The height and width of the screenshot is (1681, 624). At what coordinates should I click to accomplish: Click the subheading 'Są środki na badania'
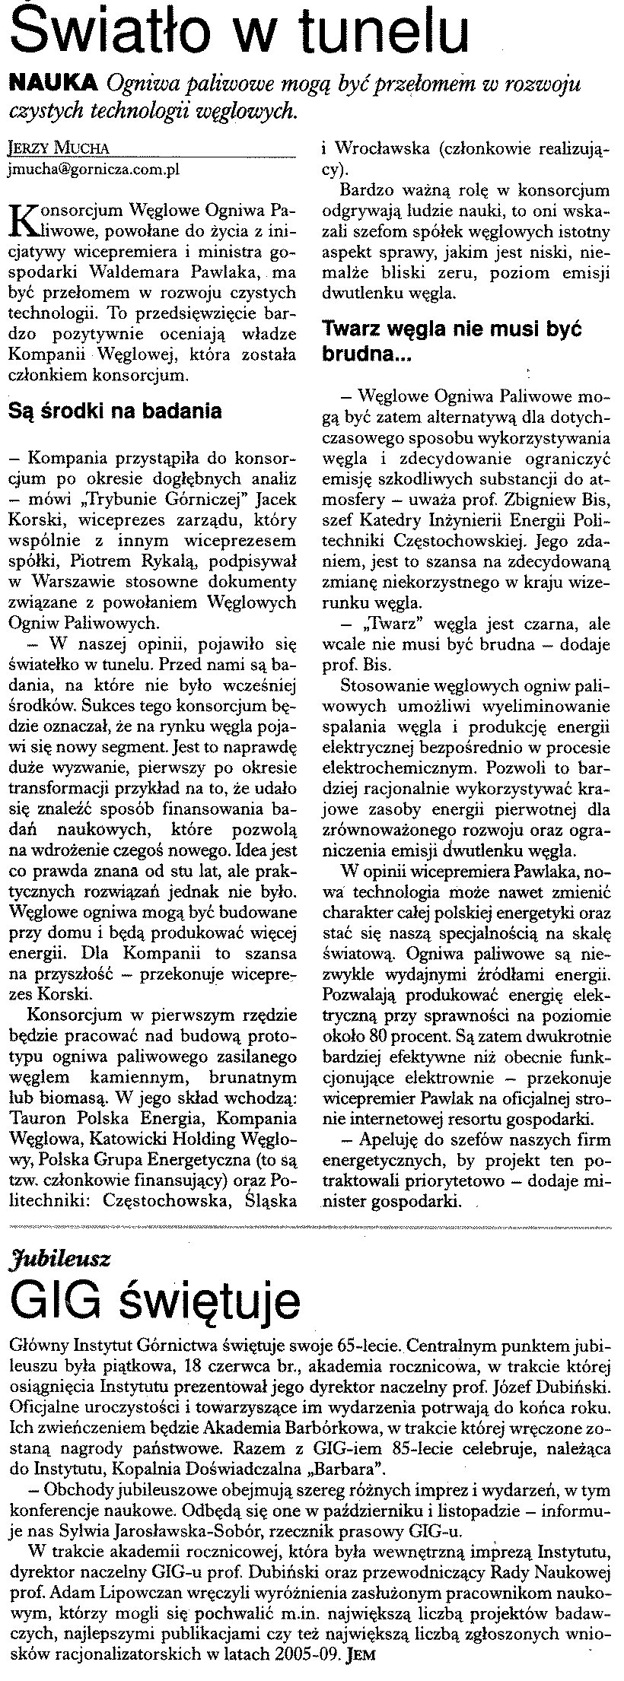pos(114,412)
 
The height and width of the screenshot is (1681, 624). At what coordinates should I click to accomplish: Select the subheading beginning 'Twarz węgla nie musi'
pos(452,329)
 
